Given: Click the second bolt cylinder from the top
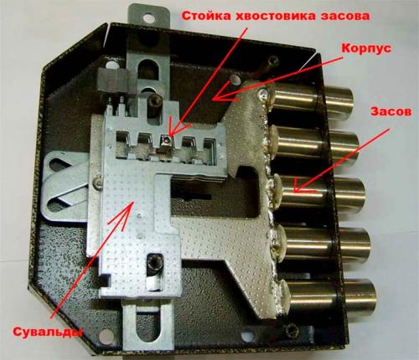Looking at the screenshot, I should (x=318, y=147).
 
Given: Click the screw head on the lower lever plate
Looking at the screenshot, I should (x=153, y=266).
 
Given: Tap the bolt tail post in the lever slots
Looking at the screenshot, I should (x=170, y=131).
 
